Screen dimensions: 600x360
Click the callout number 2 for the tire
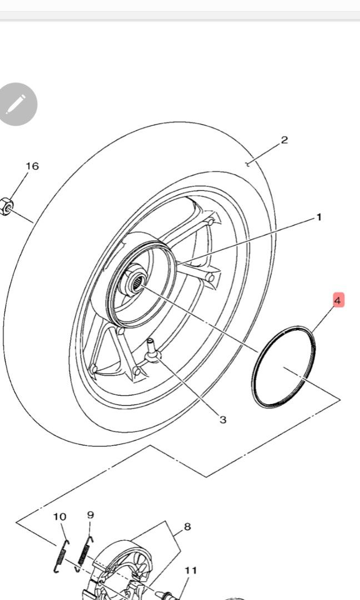(x=284, y=139)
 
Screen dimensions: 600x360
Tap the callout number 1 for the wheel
(x=319, y=217)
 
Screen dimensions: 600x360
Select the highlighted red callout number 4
(x=337, y=301)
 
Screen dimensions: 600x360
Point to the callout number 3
(x=223, y=419)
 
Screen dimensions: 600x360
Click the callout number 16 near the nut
(x=32, y=166)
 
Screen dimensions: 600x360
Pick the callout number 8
(x=187, y=527)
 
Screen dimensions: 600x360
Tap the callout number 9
(x=91, y=515)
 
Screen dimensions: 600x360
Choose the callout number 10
(x=59, y=517)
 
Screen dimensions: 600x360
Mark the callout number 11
(x=191, y=570)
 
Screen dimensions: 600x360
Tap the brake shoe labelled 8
(x=119, y=567)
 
